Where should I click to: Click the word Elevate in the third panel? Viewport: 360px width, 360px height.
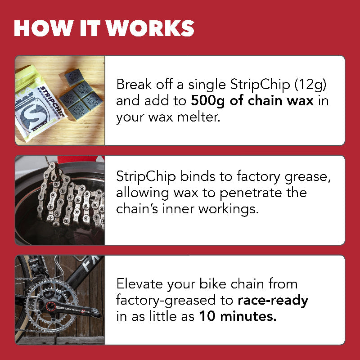pos(139,284)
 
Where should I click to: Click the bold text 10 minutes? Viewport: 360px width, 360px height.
pos(238,316)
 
